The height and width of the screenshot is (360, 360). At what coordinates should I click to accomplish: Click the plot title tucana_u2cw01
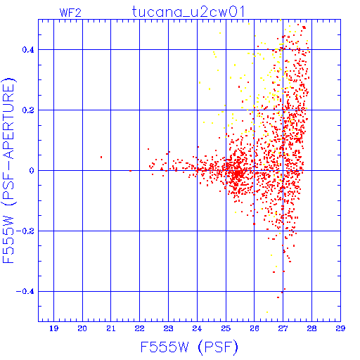(x=188, y=12)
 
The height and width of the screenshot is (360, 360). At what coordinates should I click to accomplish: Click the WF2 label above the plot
(x=70, y=13)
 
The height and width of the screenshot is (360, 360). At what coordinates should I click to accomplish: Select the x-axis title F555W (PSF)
(x=189, y=347)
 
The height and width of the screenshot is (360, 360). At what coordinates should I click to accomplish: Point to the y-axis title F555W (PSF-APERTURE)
(x=8, y=170)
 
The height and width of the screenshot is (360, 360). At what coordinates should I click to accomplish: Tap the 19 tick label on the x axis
(x=53, y=328)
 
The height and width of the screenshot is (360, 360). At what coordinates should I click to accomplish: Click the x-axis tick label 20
(x=82, y=328)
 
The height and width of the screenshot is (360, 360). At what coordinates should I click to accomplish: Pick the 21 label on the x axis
(x=111, y=328)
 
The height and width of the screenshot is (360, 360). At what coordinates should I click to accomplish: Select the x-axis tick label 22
(x=139, y=328)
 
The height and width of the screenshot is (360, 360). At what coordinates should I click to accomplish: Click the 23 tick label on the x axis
(x=168, y=328)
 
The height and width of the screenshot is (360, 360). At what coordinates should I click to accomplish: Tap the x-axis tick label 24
(x=197, y=328)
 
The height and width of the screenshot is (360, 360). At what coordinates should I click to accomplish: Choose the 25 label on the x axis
(x=226, y=328)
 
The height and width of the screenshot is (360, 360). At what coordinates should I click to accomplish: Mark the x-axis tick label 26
(x=255, y=328)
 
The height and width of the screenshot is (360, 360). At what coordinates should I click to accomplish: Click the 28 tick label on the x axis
(x=311, y=328)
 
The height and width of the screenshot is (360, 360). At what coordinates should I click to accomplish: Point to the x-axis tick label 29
(x=340, y=328)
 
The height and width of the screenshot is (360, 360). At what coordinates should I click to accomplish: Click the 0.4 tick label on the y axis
(x=28, y=50)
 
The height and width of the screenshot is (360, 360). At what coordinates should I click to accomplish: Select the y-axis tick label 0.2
(x=28, y=110)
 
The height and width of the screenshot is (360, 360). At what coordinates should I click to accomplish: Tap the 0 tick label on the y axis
(x=32, y=171)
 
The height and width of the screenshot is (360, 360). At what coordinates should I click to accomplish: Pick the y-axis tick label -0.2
(x=25, y=231)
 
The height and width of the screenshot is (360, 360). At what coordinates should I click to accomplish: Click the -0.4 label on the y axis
(x=25, y=292)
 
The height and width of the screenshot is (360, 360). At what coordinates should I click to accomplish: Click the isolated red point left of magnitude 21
(x=101, y=157)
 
